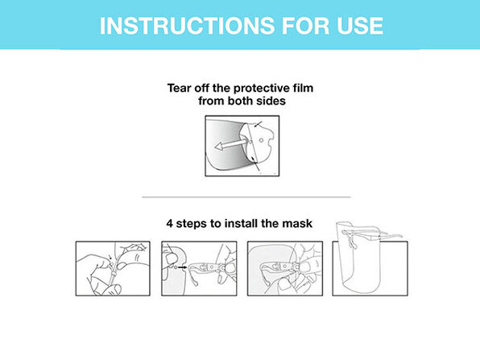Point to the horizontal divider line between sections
[246, 197]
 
